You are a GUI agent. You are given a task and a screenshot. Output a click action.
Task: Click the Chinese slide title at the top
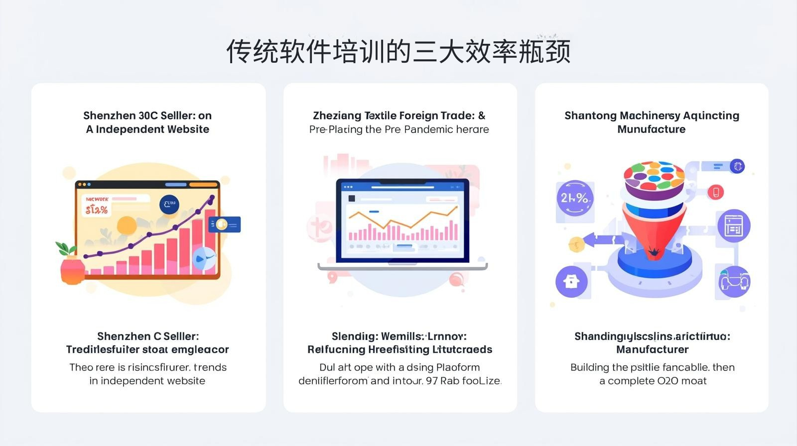point(398,52)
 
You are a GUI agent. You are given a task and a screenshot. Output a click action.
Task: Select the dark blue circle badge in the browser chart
point(169,204)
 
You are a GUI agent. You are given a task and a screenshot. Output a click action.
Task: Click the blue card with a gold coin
point(225,224)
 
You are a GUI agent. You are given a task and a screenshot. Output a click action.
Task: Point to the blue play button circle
point(203,259)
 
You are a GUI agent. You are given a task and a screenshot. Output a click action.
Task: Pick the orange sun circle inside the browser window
point(127,225)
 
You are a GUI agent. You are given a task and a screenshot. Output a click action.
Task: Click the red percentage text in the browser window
point(97,210)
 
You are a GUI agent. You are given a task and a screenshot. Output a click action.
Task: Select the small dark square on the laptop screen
point(352,198)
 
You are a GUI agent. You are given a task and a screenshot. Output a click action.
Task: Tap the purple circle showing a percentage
point(574,198)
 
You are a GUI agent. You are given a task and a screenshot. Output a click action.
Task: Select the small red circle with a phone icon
point(716,192)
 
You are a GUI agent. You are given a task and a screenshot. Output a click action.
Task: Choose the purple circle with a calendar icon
point(733,225)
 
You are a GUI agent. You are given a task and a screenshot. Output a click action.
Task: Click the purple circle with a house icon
point(571,282)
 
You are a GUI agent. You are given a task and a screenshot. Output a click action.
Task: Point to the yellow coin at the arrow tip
point(576,244)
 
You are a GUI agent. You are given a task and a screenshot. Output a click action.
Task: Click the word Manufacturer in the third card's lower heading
point(652,350)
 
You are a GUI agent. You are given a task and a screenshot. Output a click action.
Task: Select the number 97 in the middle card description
point(432,381)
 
